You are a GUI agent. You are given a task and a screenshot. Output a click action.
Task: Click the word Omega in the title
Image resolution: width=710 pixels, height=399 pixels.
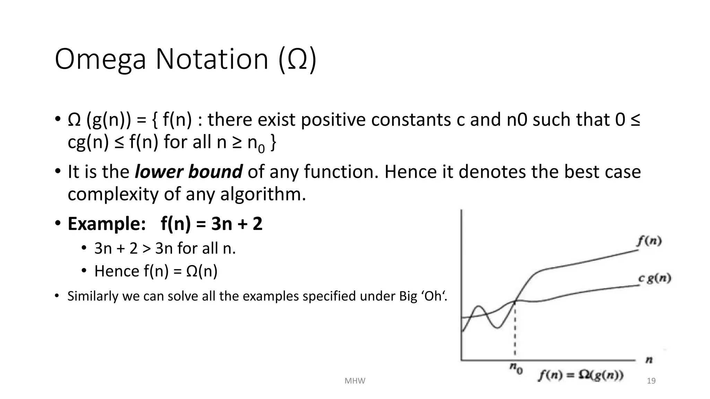[x=100, y=59]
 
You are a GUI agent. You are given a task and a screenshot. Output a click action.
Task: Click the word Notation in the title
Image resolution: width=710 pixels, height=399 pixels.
[x=212, y=59]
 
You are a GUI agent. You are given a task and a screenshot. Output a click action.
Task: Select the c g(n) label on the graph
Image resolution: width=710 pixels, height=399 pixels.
[x=655, y=278]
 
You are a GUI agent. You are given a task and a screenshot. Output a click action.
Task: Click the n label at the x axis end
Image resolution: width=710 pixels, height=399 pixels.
[x=649, y=360]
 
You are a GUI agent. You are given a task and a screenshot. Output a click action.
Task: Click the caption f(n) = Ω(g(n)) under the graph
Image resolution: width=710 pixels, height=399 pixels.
[x=581, y=375]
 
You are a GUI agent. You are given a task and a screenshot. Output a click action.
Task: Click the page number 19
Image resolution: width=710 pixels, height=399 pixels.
[x=651, y=381]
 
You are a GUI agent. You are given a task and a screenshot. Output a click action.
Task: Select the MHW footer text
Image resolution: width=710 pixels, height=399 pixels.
[x=355, y=381]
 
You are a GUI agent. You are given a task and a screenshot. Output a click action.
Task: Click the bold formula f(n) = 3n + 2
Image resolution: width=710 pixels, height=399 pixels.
[x=211, y=224]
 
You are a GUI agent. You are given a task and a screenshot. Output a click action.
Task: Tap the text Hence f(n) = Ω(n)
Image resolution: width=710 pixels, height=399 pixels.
[x=156, y=271]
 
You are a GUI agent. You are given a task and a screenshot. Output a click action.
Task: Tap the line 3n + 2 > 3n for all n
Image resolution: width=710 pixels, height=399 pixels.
[x=165, y=248]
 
